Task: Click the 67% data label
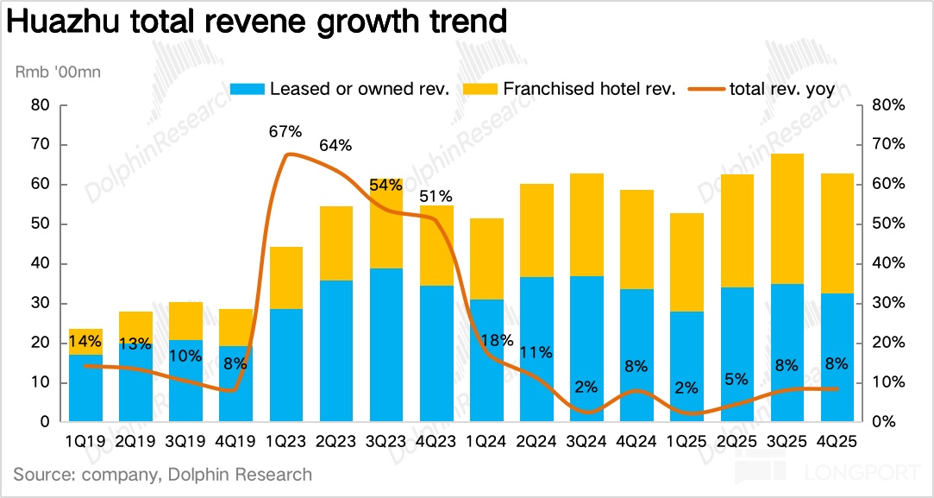pos(285,132)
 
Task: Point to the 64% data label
pos(335,146)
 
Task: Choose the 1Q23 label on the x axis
pos(285,442)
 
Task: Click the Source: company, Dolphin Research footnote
pos(163,475)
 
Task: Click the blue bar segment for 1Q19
pos(85,388)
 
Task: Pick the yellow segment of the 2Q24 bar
pos(536,230)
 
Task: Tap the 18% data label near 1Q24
pos(486,341)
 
